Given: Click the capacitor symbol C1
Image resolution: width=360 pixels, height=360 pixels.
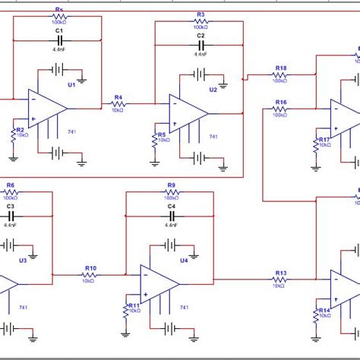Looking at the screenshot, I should (58, 39).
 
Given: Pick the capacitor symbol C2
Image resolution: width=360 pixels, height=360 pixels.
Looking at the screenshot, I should (201, 44).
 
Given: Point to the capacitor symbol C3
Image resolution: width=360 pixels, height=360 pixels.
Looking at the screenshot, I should (11, 215).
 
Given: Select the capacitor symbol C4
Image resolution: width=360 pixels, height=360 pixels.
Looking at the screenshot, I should (172, 215).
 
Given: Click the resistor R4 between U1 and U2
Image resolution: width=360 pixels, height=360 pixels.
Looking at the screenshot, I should (118, 104).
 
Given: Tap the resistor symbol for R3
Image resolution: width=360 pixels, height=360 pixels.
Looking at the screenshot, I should (201, 22).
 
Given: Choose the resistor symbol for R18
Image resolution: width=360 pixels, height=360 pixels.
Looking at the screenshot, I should (281, 75).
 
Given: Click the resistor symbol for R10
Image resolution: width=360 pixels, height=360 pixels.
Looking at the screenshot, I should (90, 275).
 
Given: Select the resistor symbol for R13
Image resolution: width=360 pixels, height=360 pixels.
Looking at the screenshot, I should (281, 281).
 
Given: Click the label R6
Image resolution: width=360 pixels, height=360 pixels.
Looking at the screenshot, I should (11, 185).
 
